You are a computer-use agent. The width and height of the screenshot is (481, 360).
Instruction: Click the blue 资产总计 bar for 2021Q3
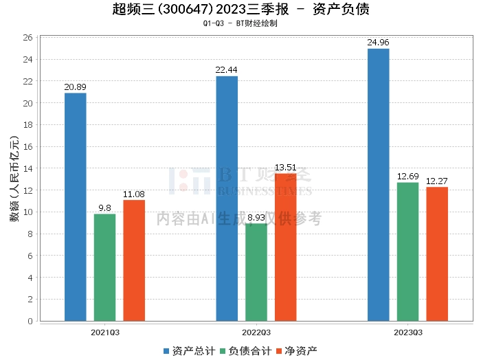click(x=75, y=207)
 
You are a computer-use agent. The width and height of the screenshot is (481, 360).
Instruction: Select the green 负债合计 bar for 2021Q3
click(x=104, y=267)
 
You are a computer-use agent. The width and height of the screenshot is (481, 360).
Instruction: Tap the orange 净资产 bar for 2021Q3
click(x=134, y=260)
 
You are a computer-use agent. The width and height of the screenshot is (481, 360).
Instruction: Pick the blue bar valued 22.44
click(x=227, y=199)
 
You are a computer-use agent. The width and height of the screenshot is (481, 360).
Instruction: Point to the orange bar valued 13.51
click(x=286, y=247)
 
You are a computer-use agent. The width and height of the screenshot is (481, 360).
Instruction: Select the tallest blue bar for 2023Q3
click(x=378, y=185)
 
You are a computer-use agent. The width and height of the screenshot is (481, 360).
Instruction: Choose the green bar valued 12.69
click(x=407, y=251)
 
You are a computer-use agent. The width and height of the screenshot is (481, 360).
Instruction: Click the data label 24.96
click(x=378, y=43)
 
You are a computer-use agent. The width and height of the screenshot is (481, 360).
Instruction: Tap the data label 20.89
click(x=75, y=87)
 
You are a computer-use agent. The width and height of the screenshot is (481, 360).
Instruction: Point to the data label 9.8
click(x=104, y=208)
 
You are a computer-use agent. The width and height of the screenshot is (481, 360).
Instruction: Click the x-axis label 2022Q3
click(x=256, y=333)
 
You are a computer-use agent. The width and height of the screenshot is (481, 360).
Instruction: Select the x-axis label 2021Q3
click(x=104, y=333)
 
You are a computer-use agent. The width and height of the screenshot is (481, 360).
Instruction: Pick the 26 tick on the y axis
click(x=27, y=38)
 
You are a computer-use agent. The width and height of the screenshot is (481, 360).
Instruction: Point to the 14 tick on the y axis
click(x=27, y=168)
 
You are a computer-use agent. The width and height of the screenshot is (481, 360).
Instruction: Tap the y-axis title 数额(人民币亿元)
click(x=14, y=179)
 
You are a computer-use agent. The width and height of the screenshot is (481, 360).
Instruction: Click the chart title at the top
click(x=240, y=10)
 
